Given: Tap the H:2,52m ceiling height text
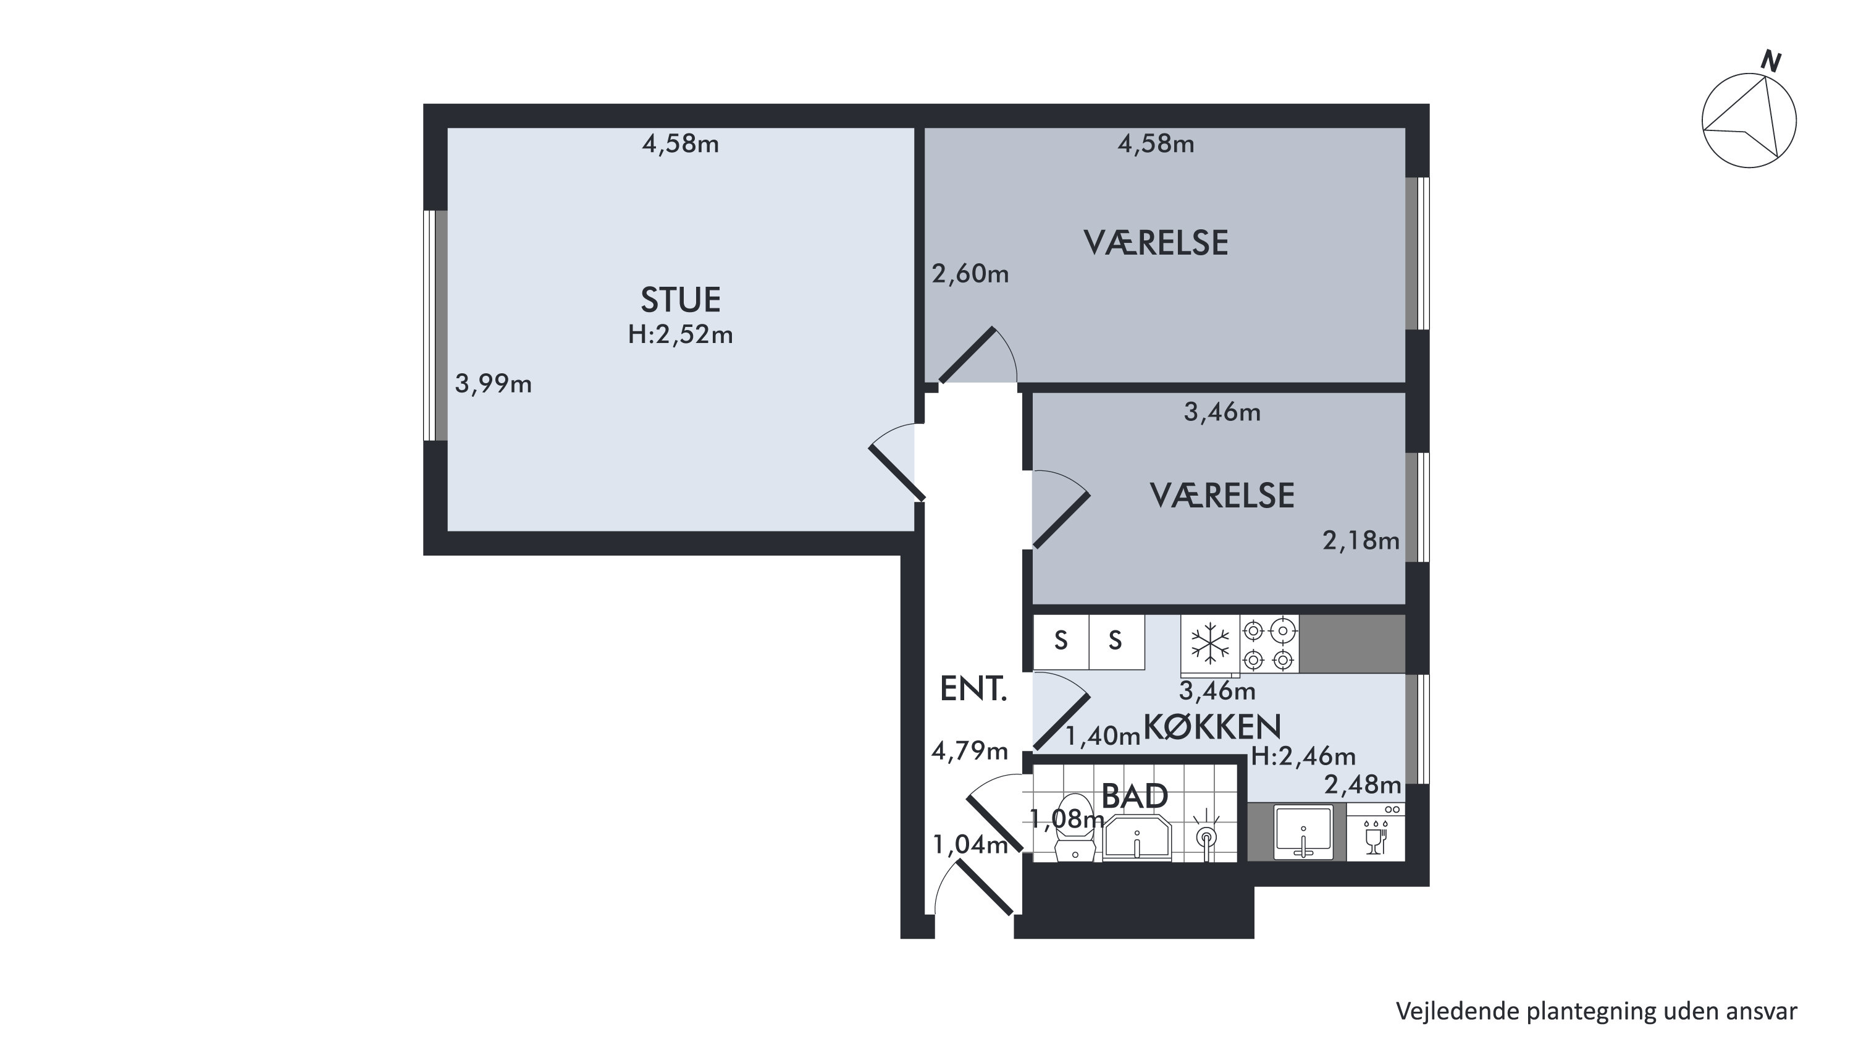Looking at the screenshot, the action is [681, 334].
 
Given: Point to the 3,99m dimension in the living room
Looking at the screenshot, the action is [494, 384].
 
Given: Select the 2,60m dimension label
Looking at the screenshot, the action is [970, 274].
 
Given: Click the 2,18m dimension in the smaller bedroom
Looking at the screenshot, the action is [1361, 540].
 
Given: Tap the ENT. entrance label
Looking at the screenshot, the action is [973, 689].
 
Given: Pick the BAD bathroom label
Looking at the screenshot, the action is [1135, 797].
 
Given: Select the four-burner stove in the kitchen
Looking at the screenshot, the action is [1270, 645].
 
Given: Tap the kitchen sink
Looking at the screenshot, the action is [1303, 832].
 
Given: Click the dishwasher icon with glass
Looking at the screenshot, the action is [1376, 832].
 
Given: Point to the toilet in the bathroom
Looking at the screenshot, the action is [1075, 828].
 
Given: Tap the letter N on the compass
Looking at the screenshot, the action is [1770, 61].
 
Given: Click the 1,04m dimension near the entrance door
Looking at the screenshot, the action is [970, 845].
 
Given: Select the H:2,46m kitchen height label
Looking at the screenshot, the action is [1303, 756].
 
